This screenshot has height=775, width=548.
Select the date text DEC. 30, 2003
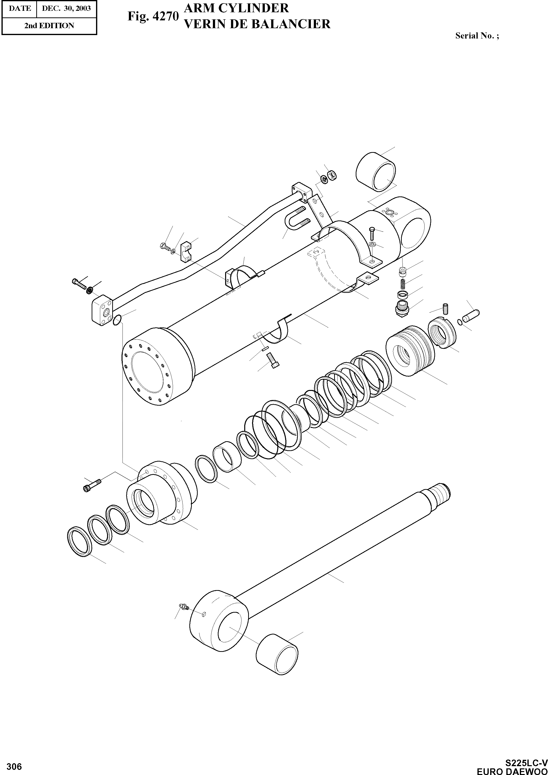(66, 8)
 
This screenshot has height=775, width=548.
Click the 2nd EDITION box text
(49, 26)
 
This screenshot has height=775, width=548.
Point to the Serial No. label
(477, 36)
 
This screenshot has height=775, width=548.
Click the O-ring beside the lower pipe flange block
(117, 320)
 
